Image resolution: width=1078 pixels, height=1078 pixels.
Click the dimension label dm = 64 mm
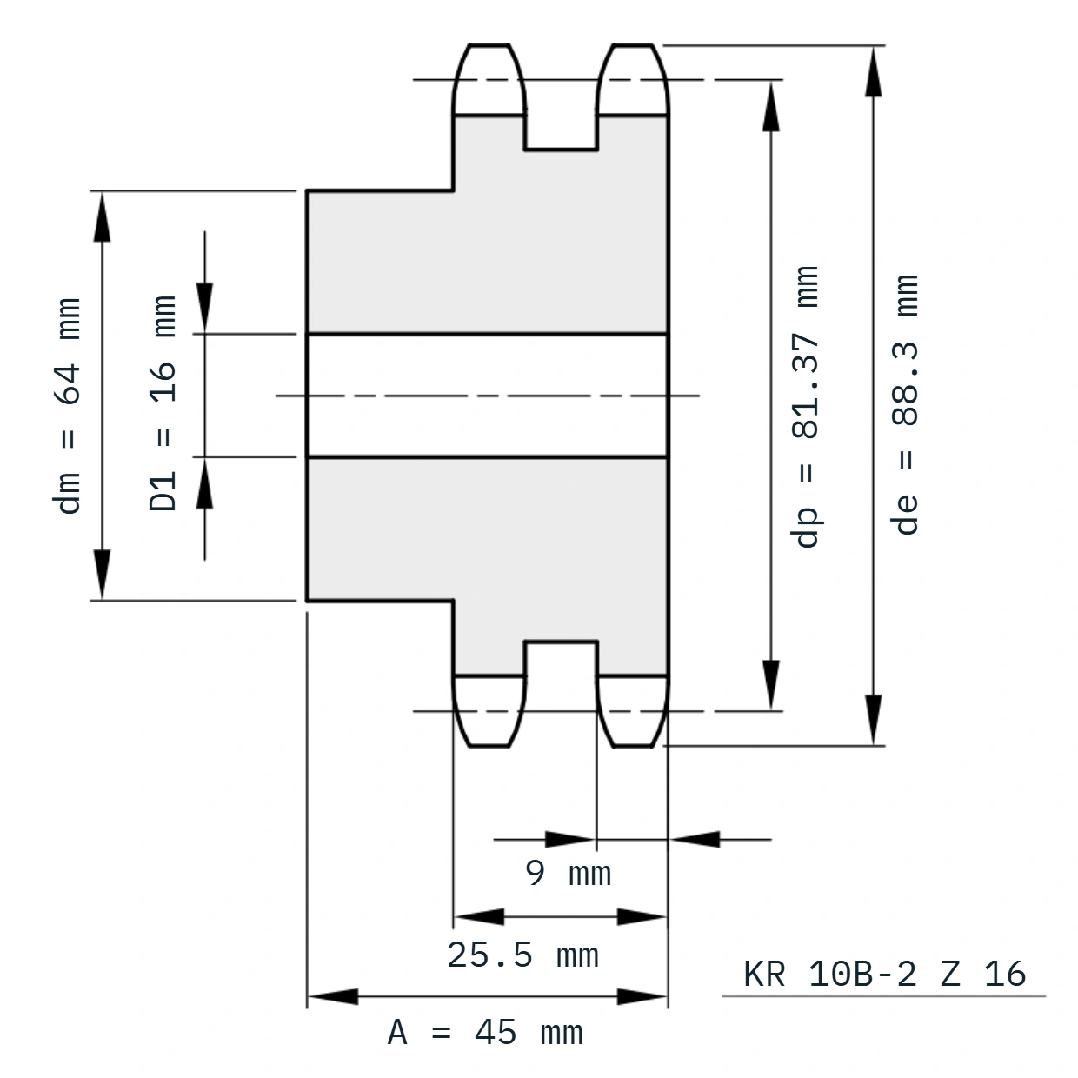(67, 406)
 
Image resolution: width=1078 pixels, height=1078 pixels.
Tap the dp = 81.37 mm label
(805, 407)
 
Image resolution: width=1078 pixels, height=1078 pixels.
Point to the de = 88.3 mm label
(905, 404)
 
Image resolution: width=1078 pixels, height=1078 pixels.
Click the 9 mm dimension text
(568, 873)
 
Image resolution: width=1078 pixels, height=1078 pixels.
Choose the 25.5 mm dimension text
(522, 955)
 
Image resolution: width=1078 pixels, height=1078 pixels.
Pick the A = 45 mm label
(485, 1033)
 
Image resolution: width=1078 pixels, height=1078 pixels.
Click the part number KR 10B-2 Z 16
(884, 974)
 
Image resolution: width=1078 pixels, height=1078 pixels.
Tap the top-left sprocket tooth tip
(489, 44)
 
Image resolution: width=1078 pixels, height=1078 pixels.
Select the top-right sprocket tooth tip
(633, 44)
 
